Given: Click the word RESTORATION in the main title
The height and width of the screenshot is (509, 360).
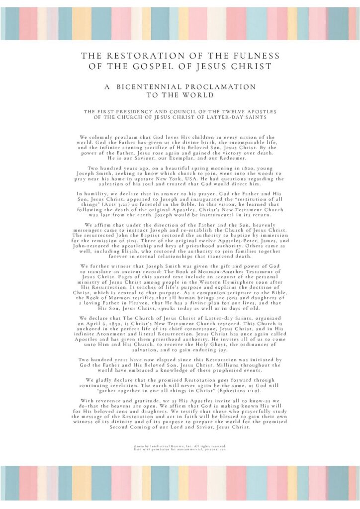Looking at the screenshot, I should click(x=147, y=56).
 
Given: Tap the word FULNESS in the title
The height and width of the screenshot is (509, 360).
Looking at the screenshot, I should click(x=256, y=56).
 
